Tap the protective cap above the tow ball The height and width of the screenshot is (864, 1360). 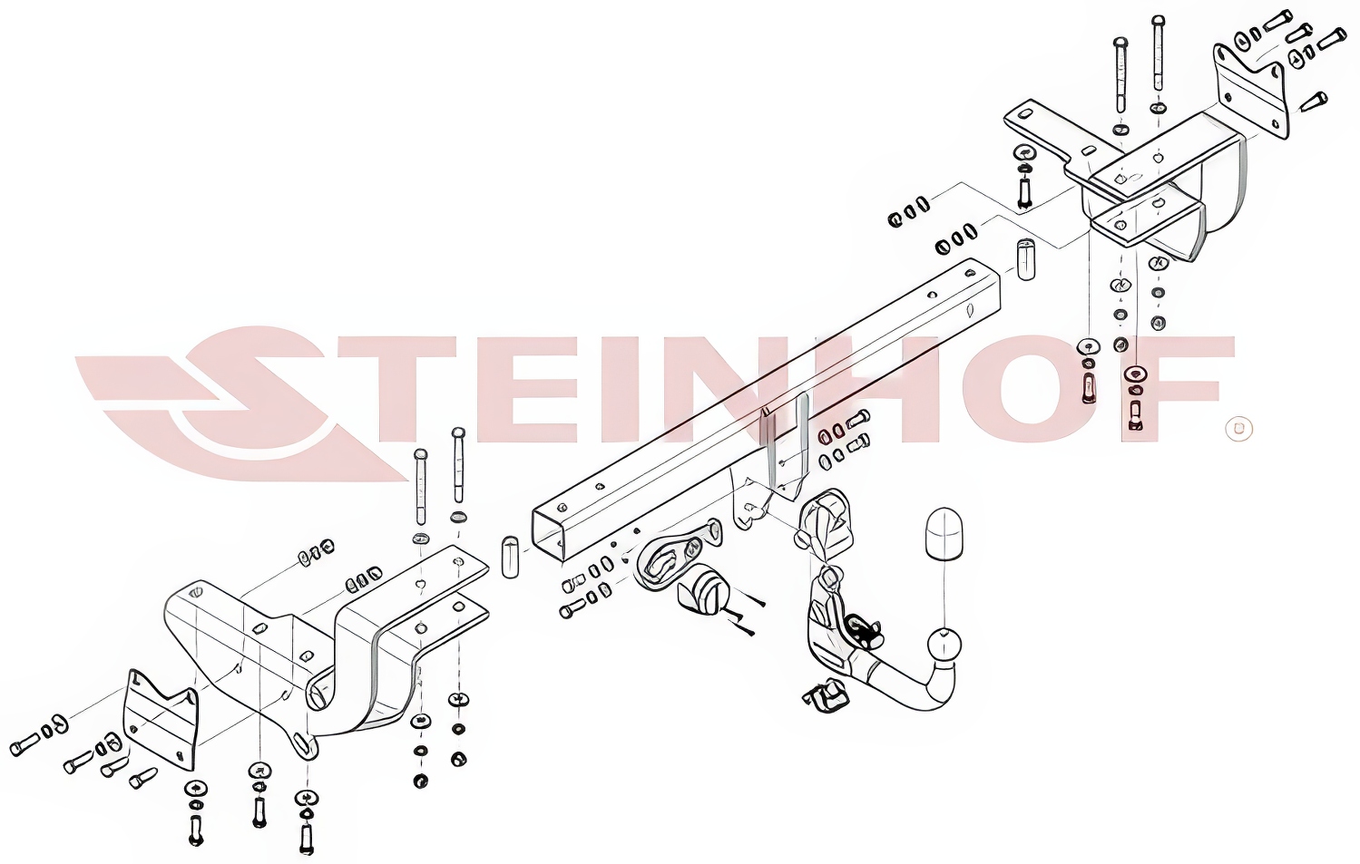(944, 535)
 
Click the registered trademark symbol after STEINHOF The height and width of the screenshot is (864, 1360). (1239, 428)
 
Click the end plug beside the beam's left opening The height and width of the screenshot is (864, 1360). (510, 556)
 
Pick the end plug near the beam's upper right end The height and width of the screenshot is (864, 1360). (1025, 259)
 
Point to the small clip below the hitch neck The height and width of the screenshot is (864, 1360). (827, 695)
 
